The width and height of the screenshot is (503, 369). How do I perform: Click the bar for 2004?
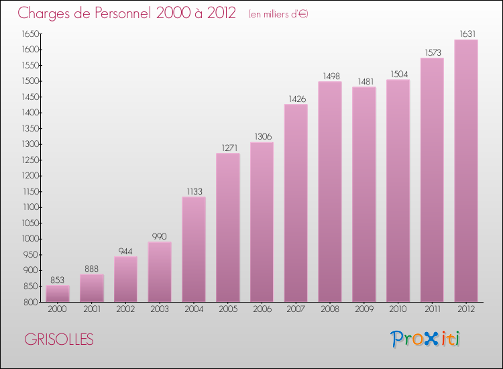194,249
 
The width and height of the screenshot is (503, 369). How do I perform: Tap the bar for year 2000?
58,294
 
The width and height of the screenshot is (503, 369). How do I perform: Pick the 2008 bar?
330,191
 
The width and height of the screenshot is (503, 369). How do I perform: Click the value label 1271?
227,148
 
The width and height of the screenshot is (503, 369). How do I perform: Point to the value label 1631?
466,34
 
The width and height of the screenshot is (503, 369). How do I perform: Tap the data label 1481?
364,81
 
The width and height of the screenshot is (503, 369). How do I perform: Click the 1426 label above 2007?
296,99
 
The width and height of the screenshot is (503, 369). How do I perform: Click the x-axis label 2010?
398,310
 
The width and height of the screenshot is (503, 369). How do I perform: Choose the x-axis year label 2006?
262,310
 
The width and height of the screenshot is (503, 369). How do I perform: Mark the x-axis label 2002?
125,310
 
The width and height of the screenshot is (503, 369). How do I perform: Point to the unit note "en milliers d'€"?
278,13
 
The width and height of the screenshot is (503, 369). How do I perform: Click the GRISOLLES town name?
59,339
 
